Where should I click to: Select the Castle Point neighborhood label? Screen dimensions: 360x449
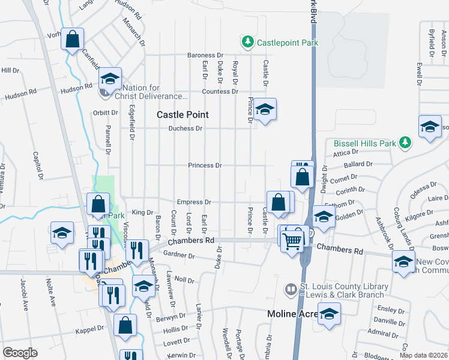click(x=182, y=114)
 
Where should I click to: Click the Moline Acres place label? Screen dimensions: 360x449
click(x=293, y=314)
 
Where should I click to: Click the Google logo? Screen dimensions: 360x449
click(x=20, y=353)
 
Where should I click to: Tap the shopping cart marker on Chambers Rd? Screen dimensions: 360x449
click(x=292, y=241)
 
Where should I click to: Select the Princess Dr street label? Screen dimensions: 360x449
click(x=205, y=165)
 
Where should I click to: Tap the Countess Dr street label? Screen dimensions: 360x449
click(x=220, y=92)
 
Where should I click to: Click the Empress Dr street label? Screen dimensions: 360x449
click(x=194, y=202)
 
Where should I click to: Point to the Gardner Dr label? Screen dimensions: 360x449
click(x=179, y=256)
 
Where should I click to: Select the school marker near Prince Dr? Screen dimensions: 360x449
click(x=264, y=110)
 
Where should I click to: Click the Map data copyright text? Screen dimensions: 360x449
click(x=424, y=355)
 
